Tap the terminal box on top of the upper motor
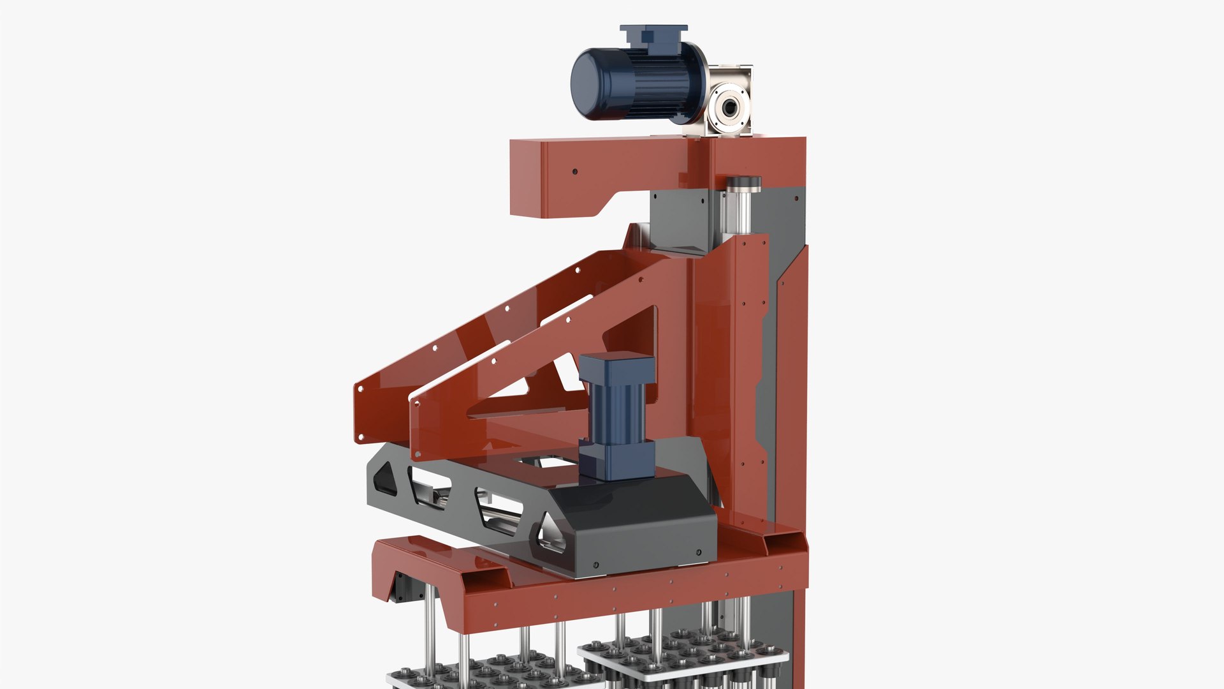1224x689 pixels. (653, 35)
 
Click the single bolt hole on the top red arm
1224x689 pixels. (574, 172)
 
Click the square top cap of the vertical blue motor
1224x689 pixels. (616, 367)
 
